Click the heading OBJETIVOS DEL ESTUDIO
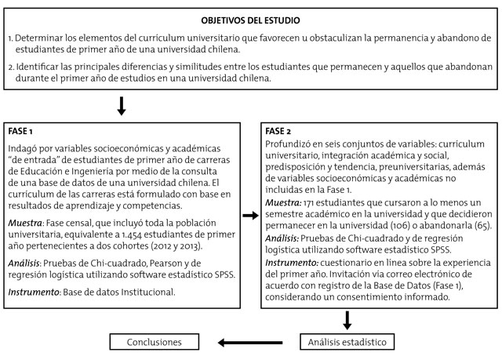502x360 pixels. [249, 19]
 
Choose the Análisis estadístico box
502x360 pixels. [346, 342]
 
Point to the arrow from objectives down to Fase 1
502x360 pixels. [121, 105]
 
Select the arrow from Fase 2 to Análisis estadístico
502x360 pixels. [346, 319]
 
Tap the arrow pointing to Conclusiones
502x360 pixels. [235, 342]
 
